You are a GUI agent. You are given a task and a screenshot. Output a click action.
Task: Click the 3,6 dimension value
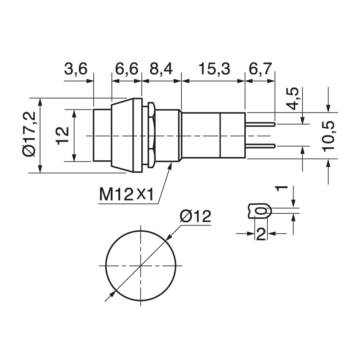click(x=76, y=69)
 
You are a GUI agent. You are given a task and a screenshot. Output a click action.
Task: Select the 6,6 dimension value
click(x=127, y=69)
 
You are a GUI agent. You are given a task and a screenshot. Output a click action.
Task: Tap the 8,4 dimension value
click(x=161, y=69)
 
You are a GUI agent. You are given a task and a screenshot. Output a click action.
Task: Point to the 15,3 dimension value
click(x=214, y=69)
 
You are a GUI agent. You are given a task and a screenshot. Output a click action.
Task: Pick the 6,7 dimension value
click(x=261, y=69)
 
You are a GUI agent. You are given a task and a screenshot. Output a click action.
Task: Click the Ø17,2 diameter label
click(x=29, y=134)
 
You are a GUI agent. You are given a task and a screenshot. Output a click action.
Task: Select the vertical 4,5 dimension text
click(x=293, y=99)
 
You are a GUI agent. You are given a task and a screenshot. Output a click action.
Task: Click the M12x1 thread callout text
click(x=126, y=194)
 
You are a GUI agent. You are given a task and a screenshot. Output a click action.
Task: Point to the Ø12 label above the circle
click(x=195, y=216)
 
